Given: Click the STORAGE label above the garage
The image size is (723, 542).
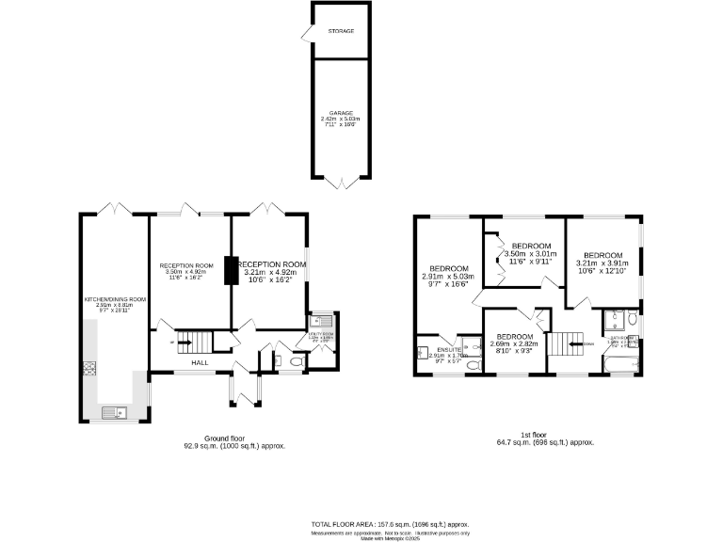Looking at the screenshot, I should (341, 31).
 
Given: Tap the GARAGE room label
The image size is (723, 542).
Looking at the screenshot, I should (341, 112).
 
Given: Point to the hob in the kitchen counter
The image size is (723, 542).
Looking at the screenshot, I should (90, 368).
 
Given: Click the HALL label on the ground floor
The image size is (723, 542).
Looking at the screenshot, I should (201, 362).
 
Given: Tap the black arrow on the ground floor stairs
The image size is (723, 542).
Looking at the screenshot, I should (184, 343).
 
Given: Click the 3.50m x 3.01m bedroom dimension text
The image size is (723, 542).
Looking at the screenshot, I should (530, 254).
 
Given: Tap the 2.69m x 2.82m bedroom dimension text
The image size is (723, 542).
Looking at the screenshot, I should (514, 344).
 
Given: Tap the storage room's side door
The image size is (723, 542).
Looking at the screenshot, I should (306, 35).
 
